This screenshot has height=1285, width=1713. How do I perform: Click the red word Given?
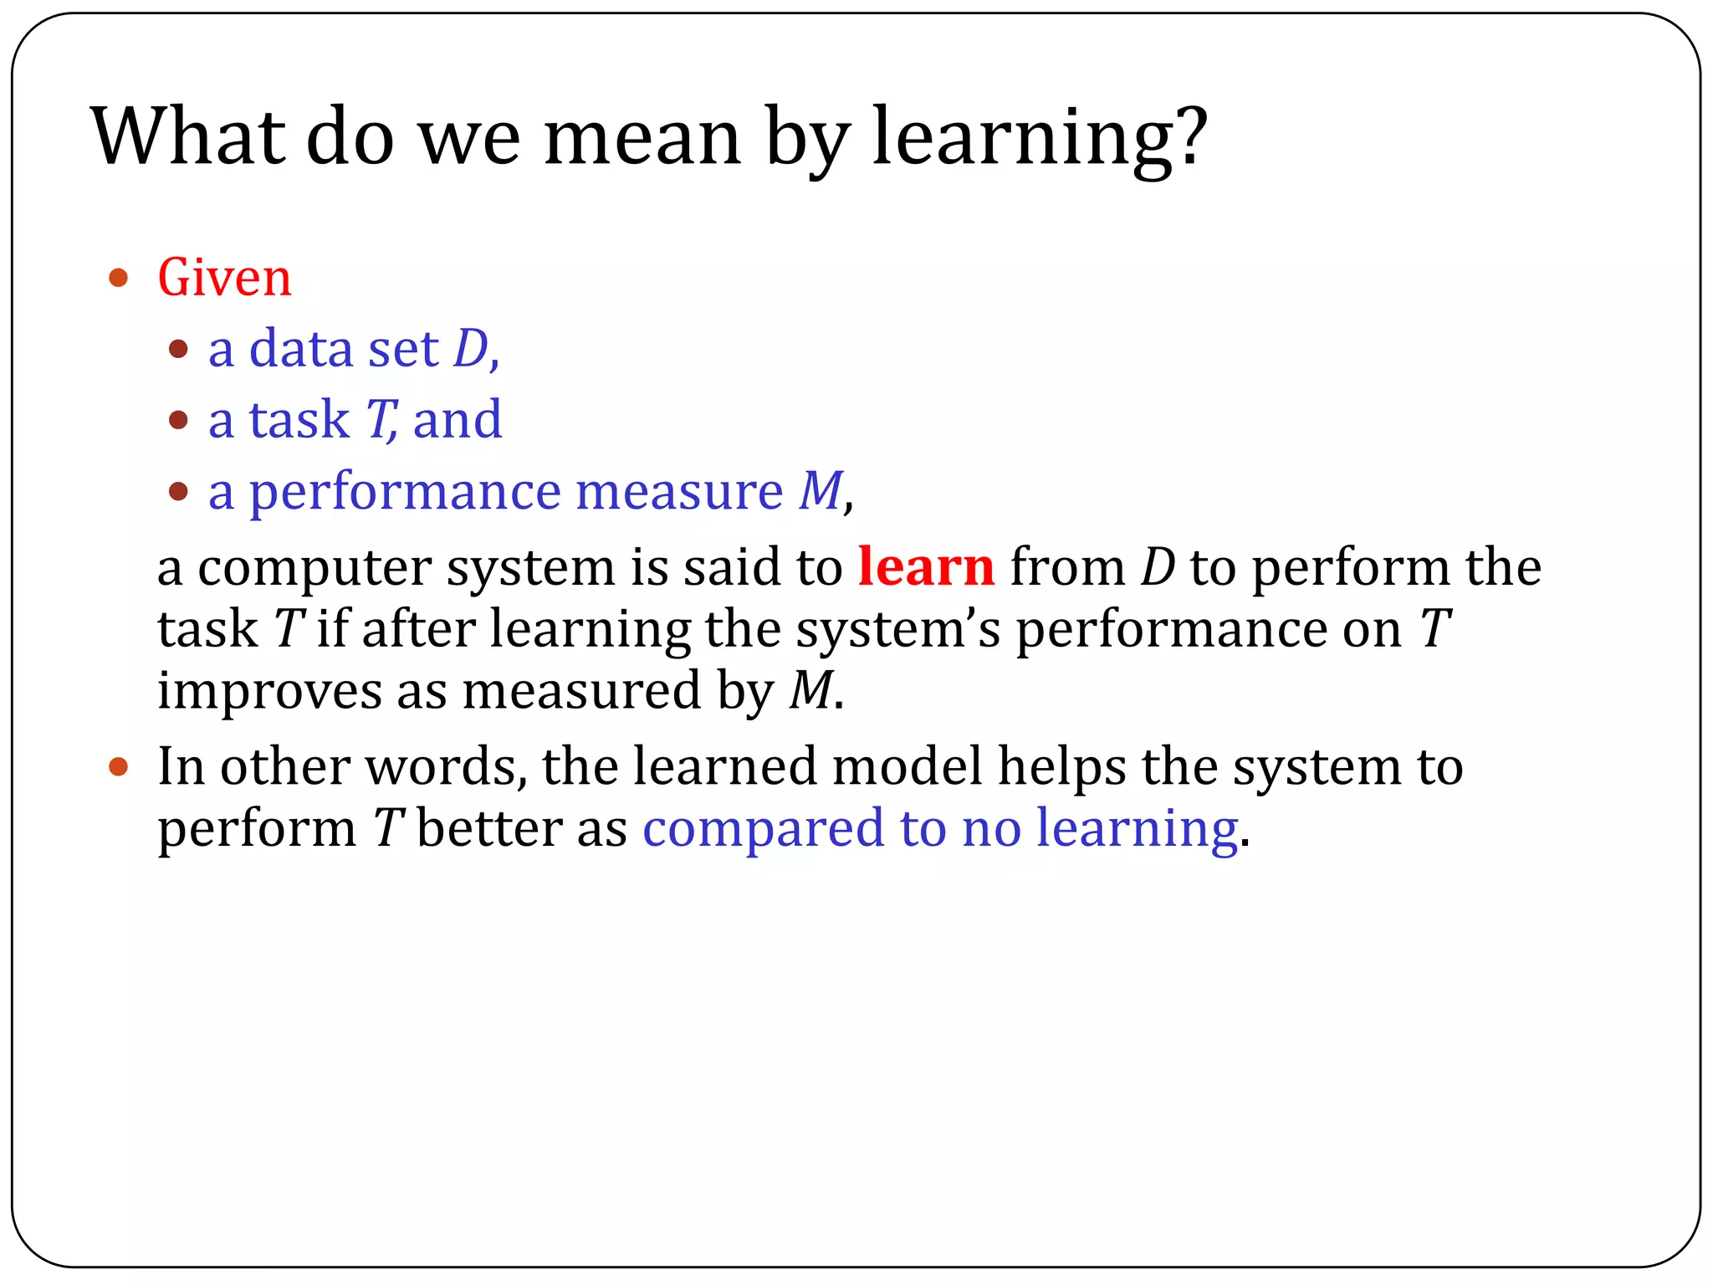pyautogui.click(x=224, y=278)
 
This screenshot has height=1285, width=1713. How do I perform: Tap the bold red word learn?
pyautogui.click(x=926, y=567)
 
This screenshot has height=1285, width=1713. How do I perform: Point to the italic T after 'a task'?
pyautogui.click(x=381, y=419)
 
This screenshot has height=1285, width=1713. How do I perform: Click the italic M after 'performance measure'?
pyautogui.click(x=820, y=490)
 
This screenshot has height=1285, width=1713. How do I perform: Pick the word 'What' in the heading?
pyautogui.click(x=188, y=136)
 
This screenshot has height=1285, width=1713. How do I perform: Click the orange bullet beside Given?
pyautogui.click(x=119, y=278)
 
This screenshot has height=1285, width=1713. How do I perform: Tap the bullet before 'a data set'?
pyautogui.click(x=178, y=349)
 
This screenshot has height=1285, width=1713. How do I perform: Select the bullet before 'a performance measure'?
pyautogui.click(x=178, y=491)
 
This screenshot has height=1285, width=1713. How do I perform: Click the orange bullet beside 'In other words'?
pyautogui.click(x=119, y=765)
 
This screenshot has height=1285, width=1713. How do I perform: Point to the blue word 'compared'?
pyautogui.click(x=763, y=829)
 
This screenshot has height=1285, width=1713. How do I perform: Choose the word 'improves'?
pyautogui.click(x=269, y=691)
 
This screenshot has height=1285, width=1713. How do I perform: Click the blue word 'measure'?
pyautogui.click(x=679, y=491)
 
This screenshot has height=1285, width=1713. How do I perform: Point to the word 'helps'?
pyautogui.click(x=1062, y=766)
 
